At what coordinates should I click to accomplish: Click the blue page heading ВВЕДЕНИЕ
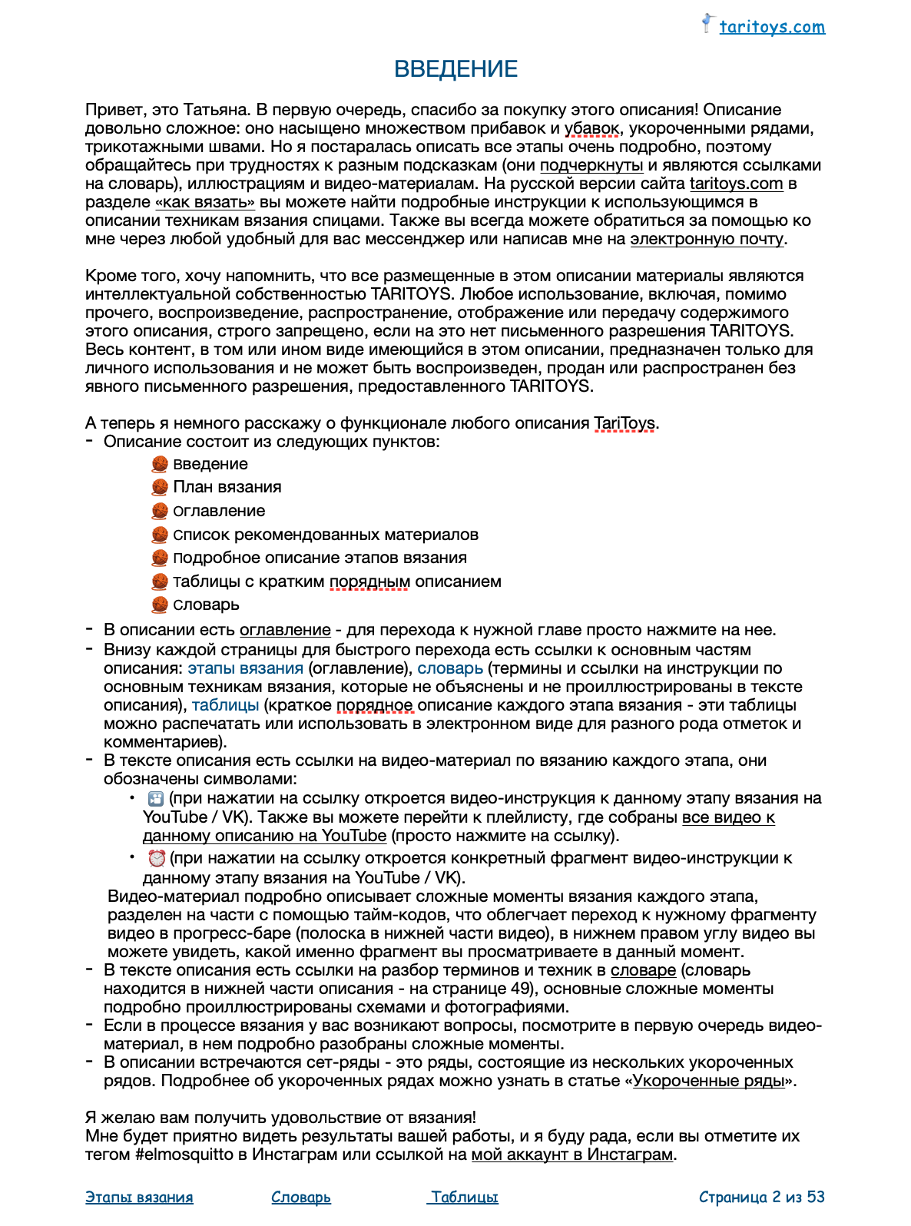[x=455, y=69]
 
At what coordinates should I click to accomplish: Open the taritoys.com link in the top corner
[x=771, y=27]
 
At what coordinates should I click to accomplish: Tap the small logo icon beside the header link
[x=707, y=23]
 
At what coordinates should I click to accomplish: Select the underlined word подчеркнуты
[x=591, y=165]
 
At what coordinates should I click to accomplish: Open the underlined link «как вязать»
[x=205, y=202]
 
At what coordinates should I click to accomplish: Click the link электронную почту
[x=707, y=239]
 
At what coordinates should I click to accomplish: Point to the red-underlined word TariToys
[x=624, y=423]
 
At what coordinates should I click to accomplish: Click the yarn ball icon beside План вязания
[x=160, y=487]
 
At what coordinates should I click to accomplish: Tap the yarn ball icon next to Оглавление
[x=160, y=511]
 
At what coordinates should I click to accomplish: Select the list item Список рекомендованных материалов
[x=326, y=535]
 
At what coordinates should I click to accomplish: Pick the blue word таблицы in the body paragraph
[x=225, y=705]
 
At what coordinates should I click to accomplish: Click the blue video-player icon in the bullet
[x=156, y=798]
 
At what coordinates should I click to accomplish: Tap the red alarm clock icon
[x=157, y=858]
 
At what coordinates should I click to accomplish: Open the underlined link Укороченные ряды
[x=709, y=1081]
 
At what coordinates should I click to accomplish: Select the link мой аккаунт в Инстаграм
[x=572, y=1155]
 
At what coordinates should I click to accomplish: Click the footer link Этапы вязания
[x=139, y=1197]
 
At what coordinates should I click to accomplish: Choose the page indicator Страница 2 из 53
[x=761, y=1197]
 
